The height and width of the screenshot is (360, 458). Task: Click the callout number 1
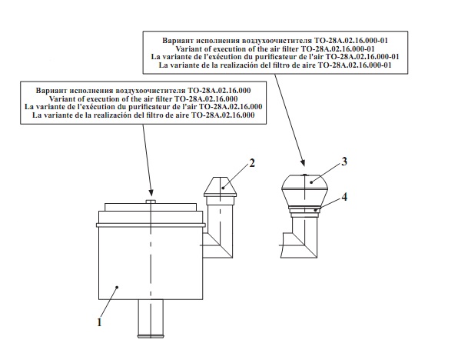tap(99, 322)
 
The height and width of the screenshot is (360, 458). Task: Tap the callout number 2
tap(252, 163)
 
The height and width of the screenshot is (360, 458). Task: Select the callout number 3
tap(344, 162)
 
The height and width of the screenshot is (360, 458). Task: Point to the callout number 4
tap(344, 197)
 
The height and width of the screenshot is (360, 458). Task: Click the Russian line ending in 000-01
tap(275, 40)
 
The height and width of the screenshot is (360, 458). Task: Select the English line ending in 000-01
tap(275, 48)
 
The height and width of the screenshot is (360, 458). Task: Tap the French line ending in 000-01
tap(275, 57)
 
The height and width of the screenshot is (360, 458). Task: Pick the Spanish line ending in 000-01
tap(275, 65)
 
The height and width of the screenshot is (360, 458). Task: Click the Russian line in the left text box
tap(143, 90)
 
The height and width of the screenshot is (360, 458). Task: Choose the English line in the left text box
tap(143, 98)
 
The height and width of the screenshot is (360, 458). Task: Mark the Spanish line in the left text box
tap(143, 115)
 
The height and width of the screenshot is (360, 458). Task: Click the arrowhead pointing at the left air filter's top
tap(151, 192)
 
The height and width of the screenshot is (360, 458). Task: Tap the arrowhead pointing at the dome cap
tap(303, 162)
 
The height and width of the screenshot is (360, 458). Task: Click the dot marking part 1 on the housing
tap(117, 287)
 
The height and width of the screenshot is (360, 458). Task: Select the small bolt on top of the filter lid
tap(151, 202)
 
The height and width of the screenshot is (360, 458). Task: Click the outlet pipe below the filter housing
tap(151, 318)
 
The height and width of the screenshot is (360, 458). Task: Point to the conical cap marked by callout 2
tap(221, 187)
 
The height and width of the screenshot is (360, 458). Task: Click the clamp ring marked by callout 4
tap(304, 208)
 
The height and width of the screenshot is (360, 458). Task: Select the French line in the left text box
tap(143, 107)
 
